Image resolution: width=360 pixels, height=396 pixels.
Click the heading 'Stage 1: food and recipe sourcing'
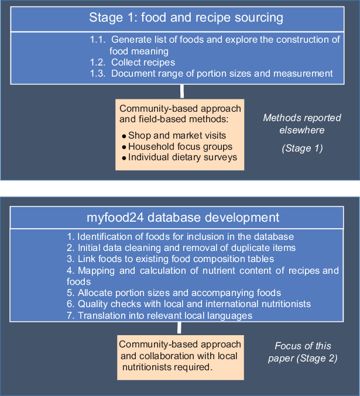pyautogui.click(x=186, y=18)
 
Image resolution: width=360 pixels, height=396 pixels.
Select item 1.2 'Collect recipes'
pyautogui.click(x=132, y=62)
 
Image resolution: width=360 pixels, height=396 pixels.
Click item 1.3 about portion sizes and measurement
pyautogui.click(x=211, y=73)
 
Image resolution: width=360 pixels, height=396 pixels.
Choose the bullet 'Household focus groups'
pyautogui.click(x=180, y=146)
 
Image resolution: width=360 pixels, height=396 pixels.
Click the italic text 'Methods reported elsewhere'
pyautogui.click(x=301, y=124)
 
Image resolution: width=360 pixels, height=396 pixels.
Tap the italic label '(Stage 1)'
pyautogui.click(x=301, y=149)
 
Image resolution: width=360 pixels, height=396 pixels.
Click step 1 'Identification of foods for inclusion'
pyautogui.click(x=180, y=237)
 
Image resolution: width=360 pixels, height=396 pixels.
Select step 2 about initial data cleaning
pyautogui.click(x=181, y=248)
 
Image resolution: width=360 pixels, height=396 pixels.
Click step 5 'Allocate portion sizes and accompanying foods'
pyautogui.click(x=174, y=292)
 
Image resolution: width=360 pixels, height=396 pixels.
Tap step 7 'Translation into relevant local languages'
pyautogui.click(x=160, y=315)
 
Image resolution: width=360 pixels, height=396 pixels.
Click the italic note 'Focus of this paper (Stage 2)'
pyautogui.click(x=306, y=352)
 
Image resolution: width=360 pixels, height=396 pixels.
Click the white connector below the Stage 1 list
pyautogui.click(x=183, y=91)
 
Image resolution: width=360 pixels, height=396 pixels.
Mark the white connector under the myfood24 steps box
pyautogui.click(x=179, y=328)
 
